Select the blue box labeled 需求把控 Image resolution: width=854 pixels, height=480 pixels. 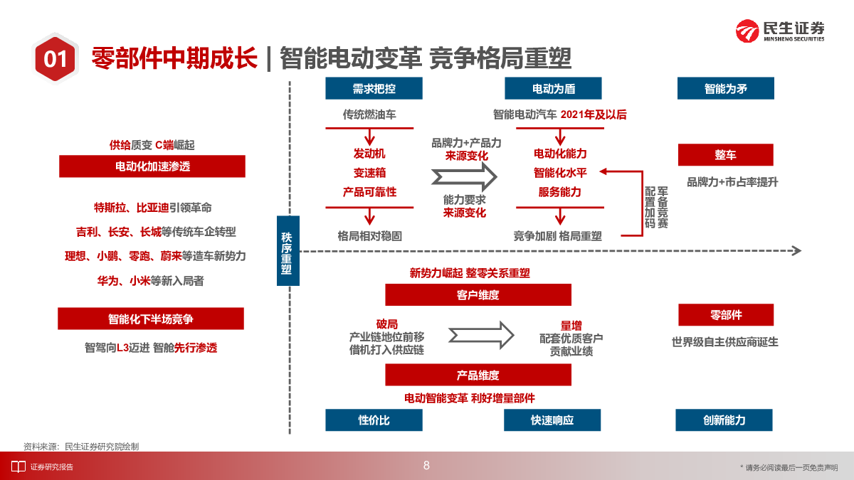coord(374,89)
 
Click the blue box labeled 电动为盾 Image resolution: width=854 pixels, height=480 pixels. coord(553,89)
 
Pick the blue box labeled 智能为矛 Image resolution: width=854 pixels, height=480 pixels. coord(725,89)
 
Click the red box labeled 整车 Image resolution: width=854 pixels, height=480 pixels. coord(725,155)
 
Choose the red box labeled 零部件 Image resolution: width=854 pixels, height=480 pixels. coord(725,315)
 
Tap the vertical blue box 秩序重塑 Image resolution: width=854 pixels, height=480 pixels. coord(286,251)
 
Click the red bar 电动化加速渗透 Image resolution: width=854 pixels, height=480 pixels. coord(152,166)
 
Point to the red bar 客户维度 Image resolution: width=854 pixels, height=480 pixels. coord(478,294)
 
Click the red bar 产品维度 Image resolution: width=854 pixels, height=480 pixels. coord(478,375)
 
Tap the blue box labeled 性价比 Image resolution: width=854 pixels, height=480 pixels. coord(374,420)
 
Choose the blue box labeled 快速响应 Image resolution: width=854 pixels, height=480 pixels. coord(552,420)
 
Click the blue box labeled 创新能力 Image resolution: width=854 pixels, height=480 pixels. coord(724,420)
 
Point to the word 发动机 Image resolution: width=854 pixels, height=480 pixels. coord(369,154)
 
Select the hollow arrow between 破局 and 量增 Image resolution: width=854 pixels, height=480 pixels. coord(481,333)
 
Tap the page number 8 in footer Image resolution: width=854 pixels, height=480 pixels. coord(426,466)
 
